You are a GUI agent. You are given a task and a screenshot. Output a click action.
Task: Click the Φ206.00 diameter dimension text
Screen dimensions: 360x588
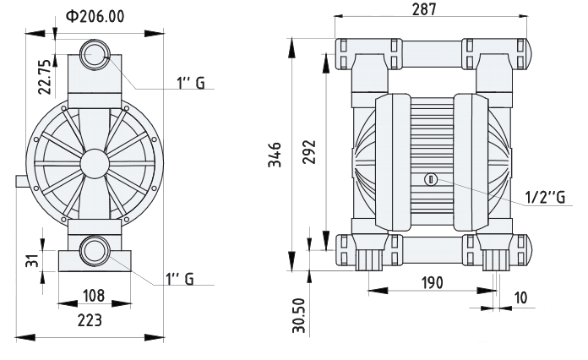coord(94,16)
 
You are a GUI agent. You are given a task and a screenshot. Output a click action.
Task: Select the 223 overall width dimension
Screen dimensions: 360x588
coord(90,320)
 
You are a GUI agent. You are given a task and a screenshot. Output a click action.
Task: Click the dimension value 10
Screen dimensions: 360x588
coord(518,297)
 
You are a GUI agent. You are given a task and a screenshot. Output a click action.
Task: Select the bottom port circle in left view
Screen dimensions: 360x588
coord(92,251)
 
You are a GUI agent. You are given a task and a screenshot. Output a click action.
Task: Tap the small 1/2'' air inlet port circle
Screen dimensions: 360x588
coord(429,178)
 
